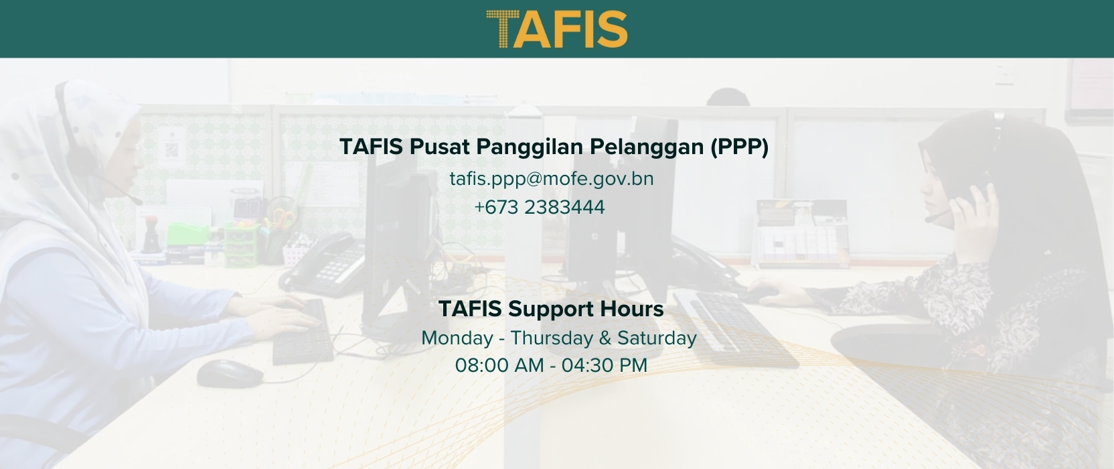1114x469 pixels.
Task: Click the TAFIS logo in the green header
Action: (x=556, y=29)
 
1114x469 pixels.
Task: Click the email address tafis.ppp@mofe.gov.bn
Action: (x=552, y=179)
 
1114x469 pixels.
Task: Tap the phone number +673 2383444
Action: (x=540, y=208)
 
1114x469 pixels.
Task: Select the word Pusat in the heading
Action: (x=434, y=147)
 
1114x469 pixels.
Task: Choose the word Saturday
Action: (x=657, y=338)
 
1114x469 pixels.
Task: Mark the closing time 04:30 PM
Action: (x=605, y=366)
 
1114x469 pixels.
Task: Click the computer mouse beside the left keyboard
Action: (x=229, y=373)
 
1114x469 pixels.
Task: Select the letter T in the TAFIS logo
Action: (x=500, y=29)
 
